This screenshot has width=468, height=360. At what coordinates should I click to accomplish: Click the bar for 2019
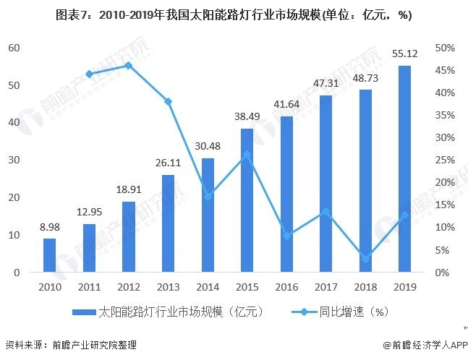(x=405, y=169)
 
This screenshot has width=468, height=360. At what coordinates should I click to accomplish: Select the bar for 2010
(x=49, y=255)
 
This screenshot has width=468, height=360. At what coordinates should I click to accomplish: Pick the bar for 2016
(x=286, y=194)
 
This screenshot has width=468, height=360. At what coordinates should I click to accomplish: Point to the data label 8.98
(x=49, y=227)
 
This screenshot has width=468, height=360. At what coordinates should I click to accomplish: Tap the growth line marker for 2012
(x=128, y=65)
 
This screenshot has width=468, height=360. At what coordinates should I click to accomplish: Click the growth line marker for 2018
(x=365, y=259)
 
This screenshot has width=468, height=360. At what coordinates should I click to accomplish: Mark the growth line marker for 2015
(x=247, y=154)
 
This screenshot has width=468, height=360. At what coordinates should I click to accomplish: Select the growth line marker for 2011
(x=89, y=74)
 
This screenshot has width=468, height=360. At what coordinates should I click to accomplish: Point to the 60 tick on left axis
(x=14, y=48)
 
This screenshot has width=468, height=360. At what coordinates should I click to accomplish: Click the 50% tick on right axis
(x=444, y=48)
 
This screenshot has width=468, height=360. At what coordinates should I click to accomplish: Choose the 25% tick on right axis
(x=444, y=160)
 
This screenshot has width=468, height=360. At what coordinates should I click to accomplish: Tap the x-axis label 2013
(x=168, y=287)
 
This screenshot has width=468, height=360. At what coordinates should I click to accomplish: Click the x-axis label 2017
(x=326, y=287)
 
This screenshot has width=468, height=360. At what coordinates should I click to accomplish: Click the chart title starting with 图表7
(x=234, y=14)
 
